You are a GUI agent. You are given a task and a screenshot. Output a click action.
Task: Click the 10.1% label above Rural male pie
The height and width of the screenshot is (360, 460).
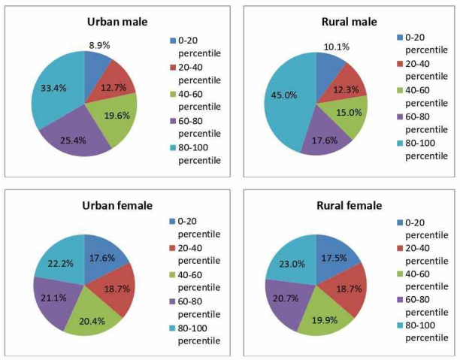point(336,47)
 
